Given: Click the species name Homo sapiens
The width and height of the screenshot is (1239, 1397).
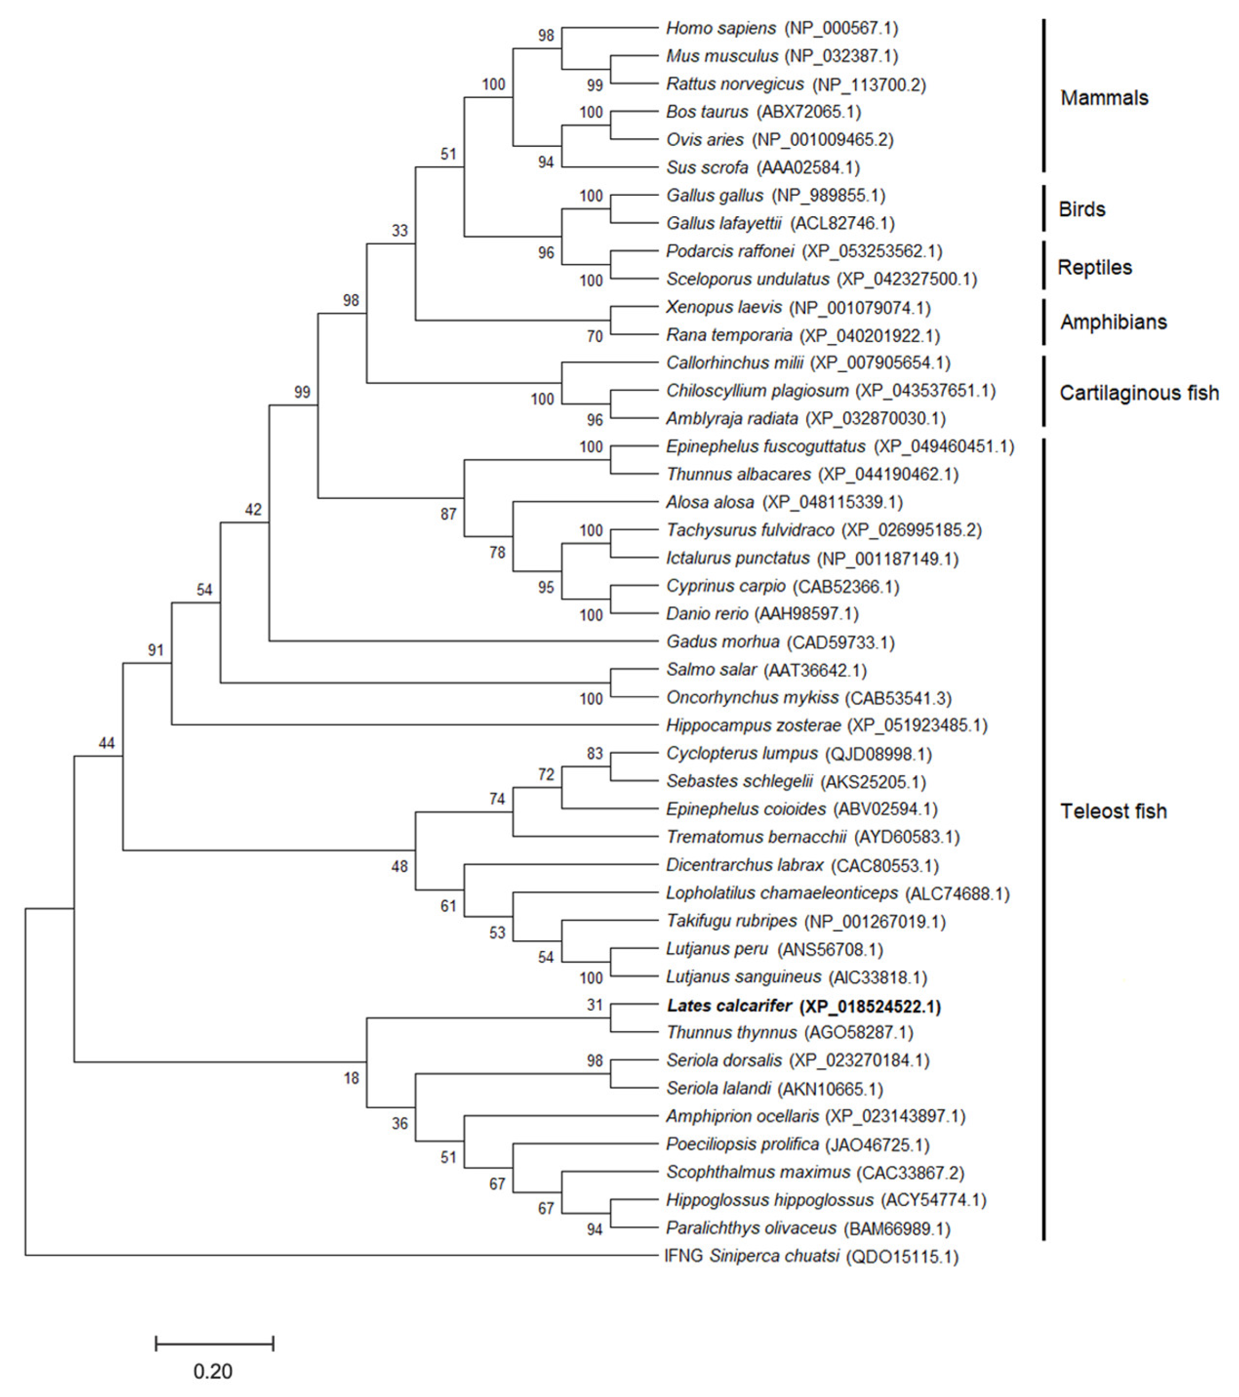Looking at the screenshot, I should (720, 28).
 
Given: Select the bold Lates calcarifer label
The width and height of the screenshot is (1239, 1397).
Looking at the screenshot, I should (729, 1005).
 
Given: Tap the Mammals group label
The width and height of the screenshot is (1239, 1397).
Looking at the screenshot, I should (1104, 98).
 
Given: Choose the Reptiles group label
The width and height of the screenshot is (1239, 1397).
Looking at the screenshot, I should (1094, 267).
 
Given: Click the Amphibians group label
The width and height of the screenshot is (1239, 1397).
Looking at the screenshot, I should (1113, 322).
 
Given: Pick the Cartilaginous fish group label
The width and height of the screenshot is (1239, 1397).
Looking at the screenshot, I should (1139, 393).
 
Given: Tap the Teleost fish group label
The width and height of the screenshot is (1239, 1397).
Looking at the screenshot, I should (1113, 811).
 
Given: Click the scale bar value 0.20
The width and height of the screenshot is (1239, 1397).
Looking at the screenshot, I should (213, 1371).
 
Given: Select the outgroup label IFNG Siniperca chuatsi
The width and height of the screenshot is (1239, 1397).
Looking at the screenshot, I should (752, 1256).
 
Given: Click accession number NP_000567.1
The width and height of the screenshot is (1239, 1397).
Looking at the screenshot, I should (841, 28).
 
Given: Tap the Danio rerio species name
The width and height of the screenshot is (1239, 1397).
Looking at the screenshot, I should (707, 614).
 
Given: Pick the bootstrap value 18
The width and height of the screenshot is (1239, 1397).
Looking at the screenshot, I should (351, 1078).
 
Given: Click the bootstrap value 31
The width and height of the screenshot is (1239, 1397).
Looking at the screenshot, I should (595, 1005).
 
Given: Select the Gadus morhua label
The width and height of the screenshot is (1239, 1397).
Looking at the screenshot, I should (722, 642).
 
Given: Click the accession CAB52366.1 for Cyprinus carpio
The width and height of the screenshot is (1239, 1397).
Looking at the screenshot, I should (845, 587).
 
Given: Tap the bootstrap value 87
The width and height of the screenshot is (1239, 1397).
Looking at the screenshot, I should (448, 514).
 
